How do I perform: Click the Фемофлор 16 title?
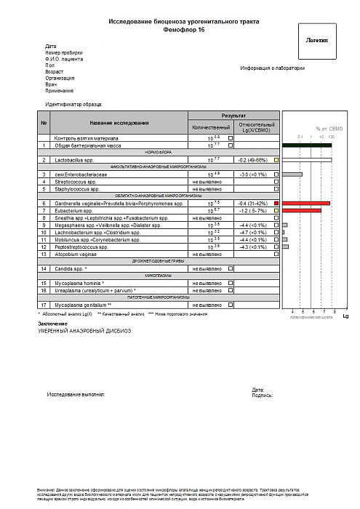183,31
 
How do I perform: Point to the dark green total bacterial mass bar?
306,145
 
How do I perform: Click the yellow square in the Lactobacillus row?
276,159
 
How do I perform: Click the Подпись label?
262,396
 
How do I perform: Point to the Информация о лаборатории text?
273,68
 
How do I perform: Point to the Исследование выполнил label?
76,393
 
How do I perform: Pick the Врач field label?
51,84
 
